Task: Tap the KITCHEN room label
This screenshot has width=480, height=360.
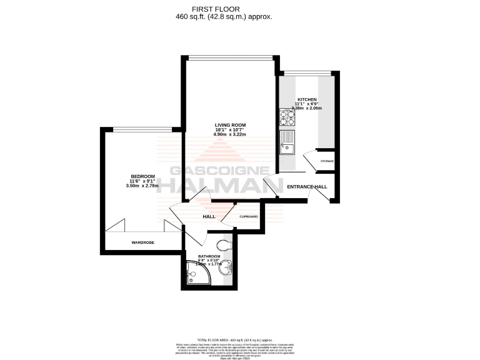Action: pyautogui.click(x=307, y=99)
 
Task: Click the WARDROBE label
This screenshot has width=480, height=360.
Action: pyautogui.click(x=143, y=242)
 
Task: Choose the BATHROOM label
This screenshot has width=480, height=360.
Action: pyautogui.click(x=209, y=257)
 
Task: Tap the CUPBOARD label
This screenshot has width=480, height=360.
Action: pyautogui.click(x=249, y=216)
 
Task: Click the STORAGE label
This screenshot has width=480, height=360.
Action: pyautogui.click(x=327, y=161)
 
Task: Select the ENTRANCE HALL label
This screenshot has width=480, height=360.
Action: pyautogui.click(x=307, y=187)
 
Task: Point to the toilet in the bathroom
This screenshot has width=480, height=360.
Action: pyautogui.click(x=223, y=244)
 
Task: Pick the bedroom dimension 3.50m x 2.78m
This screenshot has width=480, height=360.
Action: pyautogui.click(x=142, y=186)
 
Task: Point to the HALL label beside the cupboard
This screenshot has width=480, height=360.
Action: pyautogui.click(x=209, y=217)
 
